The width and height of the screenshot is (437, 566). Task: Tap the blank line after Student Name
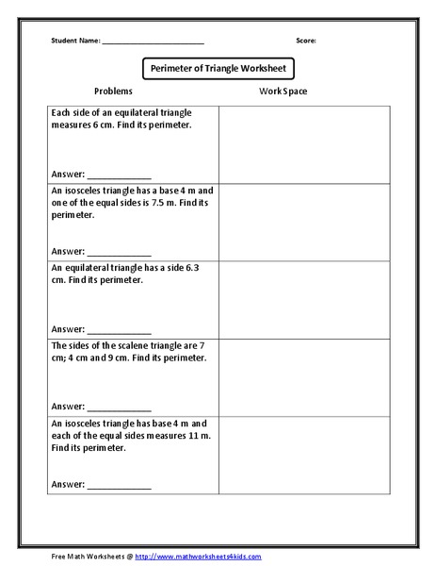(x=153, y=43)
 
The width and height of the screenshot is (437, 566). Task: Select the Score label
(x=306, y=42)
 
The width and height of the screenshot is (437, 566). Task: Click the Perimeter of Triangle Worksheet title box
(x=218, y=68)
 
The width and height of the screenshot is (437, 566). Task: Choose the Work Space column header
(x=283, y=92)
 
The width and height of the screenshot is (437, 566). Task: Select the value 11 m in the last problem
(x=189, y=436)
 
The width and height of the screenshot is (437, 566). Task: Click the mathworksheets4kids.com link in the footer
(x=199, y=558)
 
